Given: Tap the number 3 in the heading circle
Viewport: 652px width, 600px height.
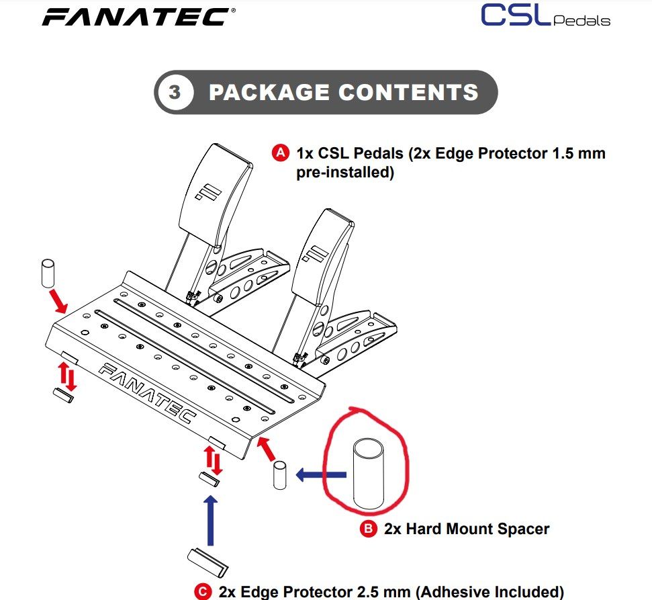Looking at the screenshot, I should [x=175, y=92].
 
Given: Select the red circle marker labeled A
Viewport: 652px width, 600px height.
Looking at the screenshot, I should [x=280, y=153].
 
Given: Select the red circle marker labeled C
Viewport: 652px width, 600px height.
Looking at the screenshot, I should [x=202, y=592].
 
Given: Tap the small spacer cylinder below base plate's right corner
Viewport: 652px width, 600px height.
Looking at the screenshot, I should [x=280, y=476].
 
